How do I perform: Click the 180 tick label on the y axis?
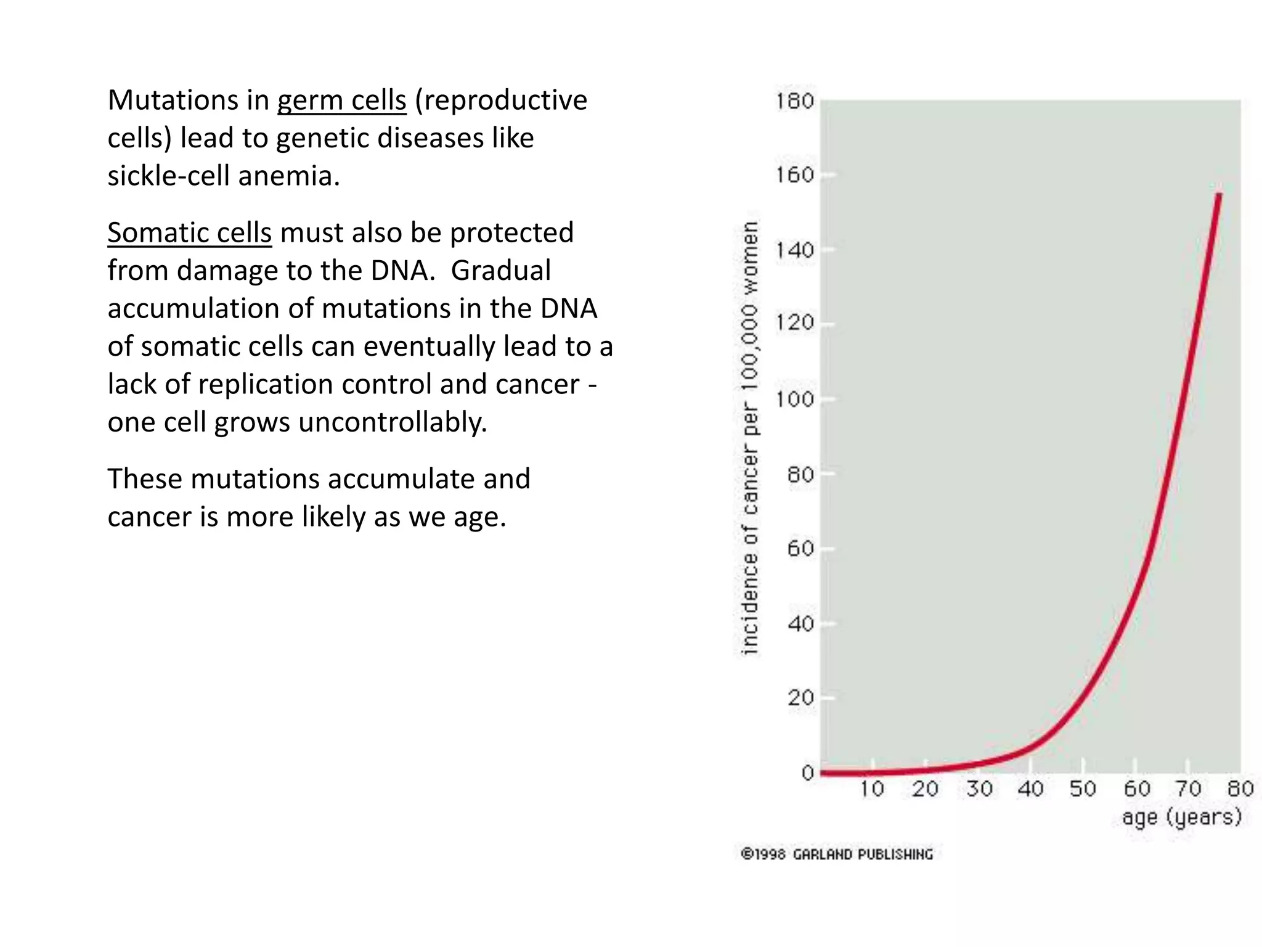pyautogui.click(x=794, y=101)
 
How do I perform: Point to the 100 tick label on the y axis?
pyautogui.click(x=794, y=400)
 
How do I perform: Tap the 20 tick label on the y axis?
pyautogui.click(x=800, y=698)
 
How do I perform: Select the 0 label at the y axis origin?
pyautogui.click(x=808, y=773)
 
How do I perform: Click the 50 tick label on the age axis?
pyautogui.click(x=1083, y=789)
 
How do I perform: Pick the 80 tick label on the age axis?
pyautogui.click(x=1240, y=789)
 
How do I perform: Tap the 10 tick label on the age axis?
pyautogui.click(x=872, y=789)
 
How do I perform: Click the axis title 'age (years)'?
pyautogui.click(x=1181, y=818)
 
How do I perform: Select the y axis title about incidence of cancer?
pyautogui.click(x=749, y=438)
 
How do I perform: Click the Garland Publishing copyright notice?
pyautogui.click(x=837, y=855)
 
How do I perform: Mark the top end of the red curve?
pyautogui.click(x=1219, y=195)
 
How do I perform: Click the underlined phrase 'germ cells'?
pyautogui.click(x=341, y=100)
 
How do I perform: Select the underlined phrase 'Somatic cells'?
pyautogui.click(x=189, y=233)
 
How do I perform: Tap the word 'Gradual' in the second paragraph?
pyautogui.click(x=500, y=271)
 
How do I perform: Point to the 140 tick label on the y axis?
pyautogui.click(x=794, y=250)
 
